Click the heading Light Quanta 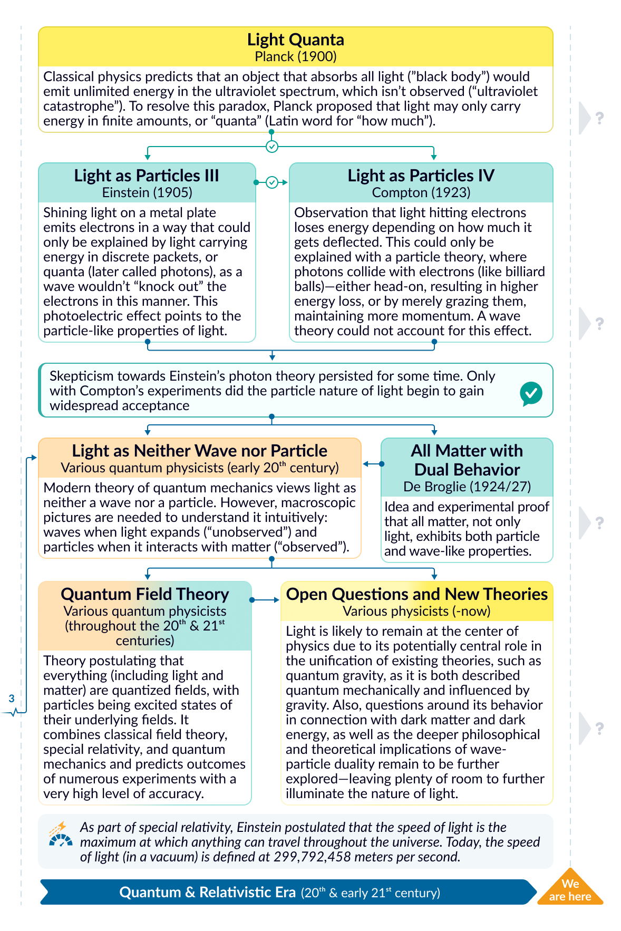pos(295,40)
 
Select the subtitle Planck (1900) pos(295,56)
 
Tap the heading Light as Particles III pos(147,176)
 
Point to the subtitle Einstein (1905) pos(147,192)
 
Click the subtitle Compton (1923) pos(421,192)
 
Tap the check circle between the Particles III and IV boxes pos(272,182)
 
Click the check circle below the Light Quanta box pos(272,147)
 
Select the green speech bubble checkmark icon pos(531,393)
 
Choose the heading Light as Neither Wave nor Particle pos(199,451)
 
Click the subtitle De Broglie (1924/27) pos(467,486)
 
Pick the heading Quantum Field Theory pos(145,594)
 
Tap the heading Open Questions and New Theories pos(416,594)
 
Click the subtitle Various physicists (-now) pos(416,611)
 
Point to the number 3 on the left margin pos(12,699)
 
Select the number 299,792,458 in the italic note pos(312,857)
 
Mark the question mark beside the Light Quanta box pos(599,118)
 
